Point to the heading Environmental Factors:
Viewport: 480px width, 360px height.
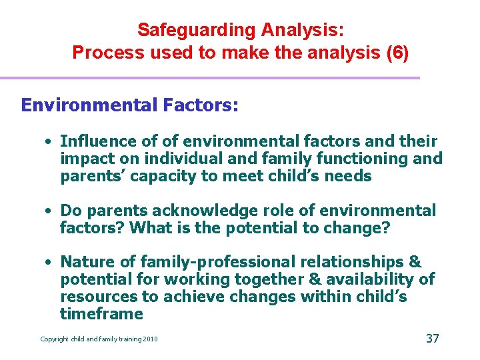[x=129, y=105]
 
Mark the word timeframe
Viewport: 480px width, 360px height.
[x=101, y=315]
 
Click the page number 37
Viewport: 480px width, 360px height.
[x=432, y=339]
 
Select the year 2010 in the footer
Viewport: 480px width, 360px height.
[x=149, y=339]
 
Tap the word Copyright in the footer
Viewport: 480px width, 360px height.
[x=55, y=339]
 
